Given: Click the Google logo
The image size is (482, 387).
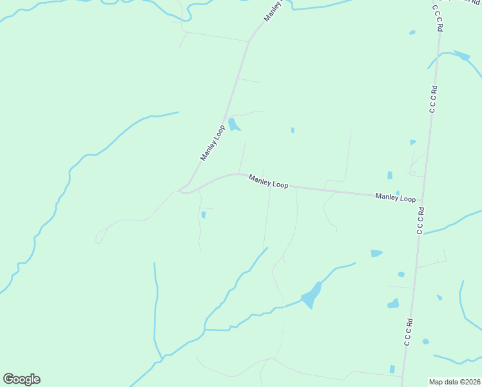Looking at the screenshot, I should tap(21, 379).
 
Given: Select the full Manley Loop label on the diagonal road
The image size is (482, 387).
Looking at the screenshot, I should tap(211, 143).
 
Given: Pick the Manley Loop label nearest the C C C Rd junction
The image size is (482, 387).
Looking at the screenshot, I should tap(396, 197).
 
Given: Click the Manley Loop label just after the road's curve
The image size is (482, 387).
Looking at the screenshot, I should tap(268, 183).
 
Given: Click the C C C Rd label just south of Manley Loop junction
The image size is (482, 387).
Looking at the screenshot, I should tap(421, 220).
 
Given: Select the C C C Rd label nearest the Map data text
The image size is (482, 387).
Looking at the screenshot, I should tap(408, 332).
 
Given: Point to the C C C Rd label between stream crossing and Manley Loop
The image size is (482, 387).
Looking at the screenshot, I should tap(434, 99).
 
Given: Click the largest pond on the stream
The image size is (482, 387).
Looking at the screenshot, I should tap(311, 295).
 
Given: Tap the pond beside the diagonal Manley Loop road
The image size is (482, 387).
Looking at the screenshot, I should tap(233, 124).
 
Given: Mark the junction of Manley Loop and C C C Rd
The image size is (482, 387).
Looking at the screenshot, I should tap(422, 201).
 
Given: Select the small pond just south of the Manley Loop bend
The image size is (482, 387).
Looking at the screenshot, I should tap(204, 215).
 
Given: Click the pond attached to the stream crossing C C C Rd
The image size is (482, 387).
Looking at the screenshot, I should tap(462, 55).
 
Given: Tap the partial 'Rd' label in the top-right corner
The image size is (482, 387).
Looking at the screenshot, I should tap(473, 2).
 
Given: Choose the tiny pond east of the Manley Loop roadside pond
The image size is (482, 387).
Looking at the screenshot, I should tap(293, 130).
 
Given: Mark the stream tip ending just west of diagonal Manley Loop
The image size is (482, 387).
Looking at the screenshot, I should tap(177, 112).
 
